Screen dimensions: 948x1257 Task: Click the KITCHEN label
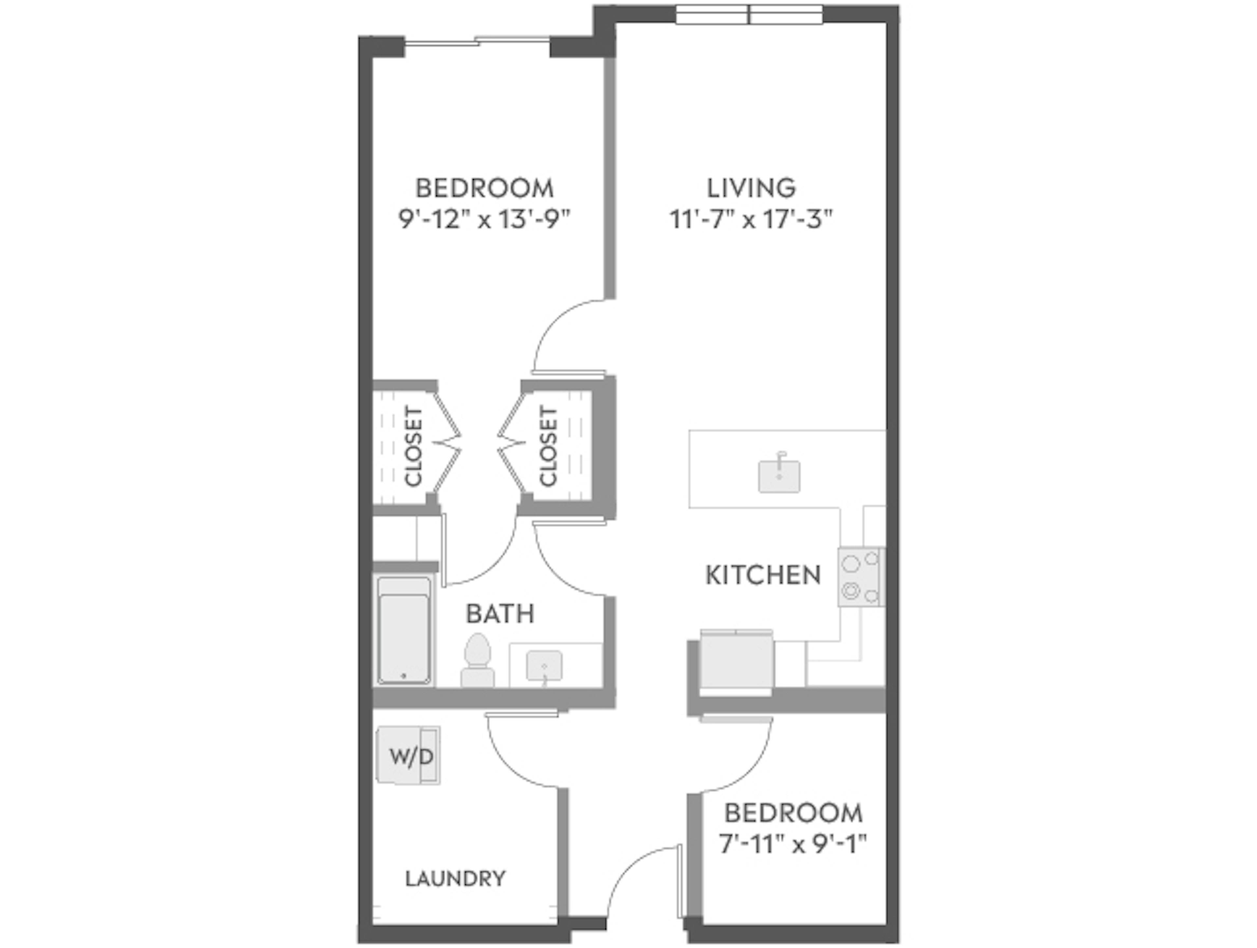(x=763, y=575)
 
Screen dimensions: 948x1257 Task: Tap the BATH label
(x=500, y=614)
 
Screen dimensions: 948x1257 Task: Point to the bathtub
(x=404, y=631)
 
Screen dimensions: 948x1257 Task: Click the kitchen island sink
(x=779, y=476)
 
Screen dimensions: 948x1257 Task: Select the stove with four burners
(x=860, y=577)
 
